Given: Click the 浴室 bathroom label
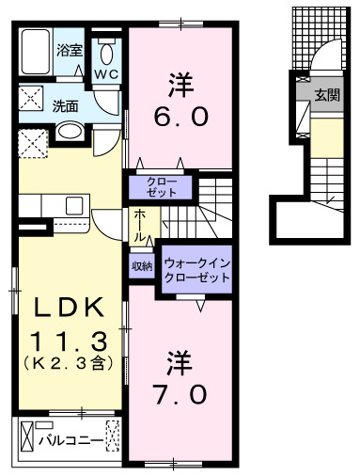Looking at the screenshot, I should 69,48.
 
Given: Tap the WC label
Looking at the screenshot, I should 105,72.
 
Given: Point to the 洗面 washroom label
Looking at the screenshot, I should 65,106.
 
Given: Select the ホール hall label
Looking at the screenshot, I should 137,222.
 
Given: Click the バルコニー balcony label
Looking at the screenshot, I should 69,436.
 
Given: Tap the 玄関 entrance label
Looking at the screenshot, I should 326,94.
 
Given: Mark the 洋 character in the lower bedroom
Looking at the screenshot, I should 180,360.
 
